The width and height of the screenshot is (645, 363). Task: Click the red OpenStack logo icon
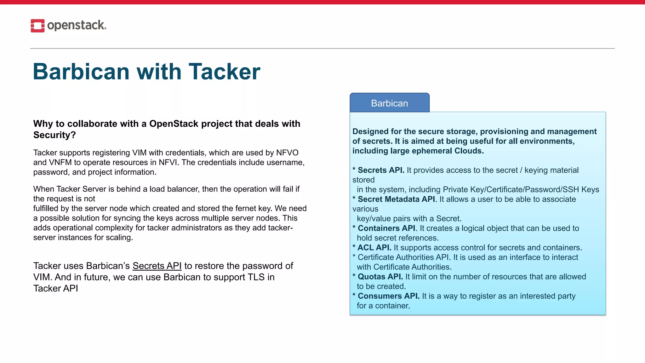(37, 26)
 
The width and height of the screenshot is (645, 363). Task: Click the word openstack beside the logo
(77, 25)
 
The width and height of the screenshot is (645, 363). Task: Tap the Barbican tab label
(389, 103)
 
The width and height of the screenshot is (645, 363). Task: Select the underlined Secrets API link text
(157, 266)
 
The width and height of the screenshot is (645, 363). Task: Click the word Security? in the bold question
(54, 135)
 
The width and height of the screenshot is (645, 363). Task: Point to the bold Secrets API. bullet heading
(381, 170)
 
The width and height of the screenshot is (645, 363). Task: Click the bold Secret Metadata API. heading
(397, 199)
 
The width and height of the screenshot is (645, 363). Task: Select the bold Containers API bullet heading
(386, 228)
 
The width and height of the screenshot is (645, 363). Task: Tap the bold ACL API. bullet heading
(374, 248)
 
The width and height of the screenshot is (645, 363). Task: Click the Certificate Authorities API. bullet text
(404, 257)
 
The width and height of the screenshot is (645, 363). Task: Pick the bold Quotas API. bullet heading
(380, 277)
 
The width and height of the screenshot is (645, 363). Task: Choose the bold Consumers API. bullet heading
(388, 296)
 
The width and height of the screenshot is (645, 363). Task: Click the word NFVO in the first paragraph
(287, 153)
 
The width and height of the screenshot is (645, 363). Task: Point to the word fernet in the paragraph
(245, 209)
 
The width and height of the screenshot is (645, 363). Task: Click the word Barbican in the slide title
(81, 72)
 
